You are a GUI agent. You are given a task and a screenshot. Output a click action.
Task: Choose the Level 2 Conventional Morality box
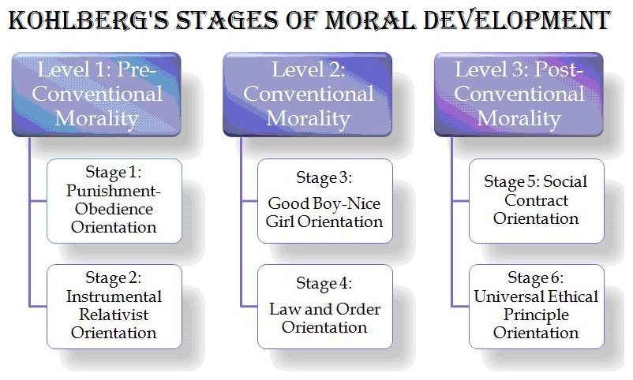coord(308,95)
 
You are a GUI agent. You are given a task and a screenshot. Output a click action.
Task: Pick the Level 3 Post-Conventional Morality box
coord(519,95)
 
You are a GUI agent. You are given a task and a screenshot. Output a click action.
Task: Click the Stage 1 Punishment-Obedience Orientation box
coord(114,200)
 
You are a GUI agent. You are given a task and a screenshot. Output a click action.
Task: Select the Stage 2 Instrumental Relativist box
coord(114,306)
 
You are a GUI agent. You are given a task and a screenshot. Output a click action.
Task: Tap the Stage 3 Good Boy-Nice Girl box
coord(325,200)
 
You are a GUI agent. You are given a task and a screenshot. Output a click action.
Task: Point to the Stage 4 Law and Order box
coord(325,306)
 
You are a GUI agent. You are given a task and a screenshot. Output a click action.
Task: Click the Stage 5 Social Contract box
coord(536,200)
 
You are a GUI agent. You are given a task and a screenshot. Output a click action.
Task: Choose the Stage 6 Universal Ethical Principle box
coord(536,306)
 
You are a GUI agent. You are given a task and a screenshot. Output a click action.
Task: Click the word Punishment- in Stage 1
coord(114,191)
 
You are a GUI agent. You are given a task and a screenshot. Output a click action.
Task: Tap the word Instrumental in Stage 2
coord(114,296)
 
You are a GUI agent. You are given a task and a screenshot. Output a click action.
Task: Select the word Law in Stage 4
coord(284,308)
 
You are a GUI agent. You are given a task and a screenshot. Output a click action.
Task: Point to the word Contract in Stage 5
coord(536,200)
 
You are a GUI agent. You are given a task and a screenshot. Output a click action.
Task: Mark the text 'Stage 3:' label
coord(324,177)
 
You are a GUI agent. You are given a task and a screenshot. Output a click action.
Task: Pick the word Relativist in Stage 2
coord(114,315)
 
